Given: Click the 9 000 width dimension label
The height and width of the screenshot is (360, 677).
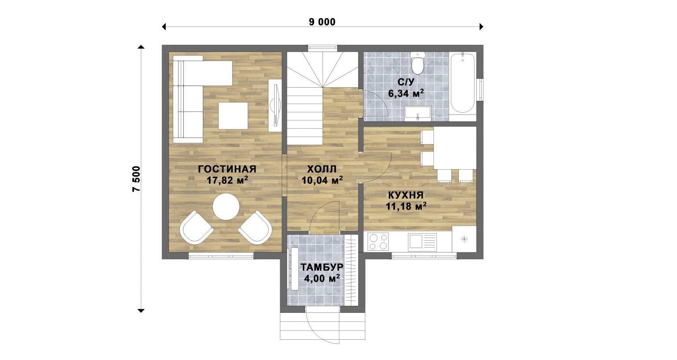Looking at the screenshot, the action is coord(322,22).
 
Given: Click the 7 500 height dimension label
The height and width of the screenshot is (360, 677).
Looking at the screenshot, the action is coord(136,178).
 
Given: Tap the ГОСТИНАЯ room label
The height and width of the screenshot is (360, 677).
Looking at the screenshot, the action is coord(227,169).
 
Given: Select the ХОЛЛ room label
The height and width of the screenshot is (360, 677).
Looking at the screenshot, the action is coord(322,169).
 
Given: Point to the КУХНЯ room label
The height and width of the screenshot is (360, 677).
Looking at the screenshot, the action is coord(405,195).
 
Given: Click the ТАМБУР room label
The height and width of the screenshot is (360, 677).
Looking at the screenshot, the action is coord(322,267).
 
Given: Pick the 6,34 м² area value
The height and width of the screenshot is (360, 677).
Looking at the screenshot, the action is coord(405,93).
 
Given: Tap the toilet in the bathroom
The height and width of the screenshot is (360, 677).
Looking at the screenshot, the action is coord(418,63).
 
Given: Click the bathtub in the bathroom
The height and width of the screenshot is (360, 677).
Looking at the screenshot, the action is coord(462,83).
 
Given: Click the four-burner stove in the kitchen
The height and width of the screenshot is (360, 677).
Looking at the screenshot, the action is coord(378,242).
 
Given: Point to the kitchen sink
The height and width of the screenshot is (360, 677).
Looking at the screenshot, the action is coord(422,242).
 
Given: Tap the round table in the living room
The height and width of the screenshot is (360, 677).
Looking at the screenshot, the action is coord(226,207).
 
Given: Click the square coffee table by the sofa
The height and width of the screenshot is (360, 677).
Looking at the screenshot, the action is coord(233,116).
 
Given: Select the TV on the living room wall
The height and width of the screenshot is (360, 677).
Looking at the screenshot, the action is coord(275,105).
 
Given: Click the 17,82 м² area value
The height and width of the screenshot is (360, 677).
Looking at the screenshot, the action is coord(227,181).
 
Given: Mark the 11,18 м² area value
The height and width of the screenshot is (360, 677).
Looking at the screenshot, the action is coord(406,207).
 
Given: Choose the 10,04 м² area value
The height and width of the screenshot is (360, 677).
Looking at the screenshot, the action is coord(322,180).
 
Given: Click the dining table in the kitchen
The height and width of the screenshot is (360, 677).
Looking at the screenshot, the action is coord(455,148).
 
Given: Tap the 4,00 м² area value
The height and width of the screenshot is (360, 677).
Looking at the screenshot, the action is coord(322,278).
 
